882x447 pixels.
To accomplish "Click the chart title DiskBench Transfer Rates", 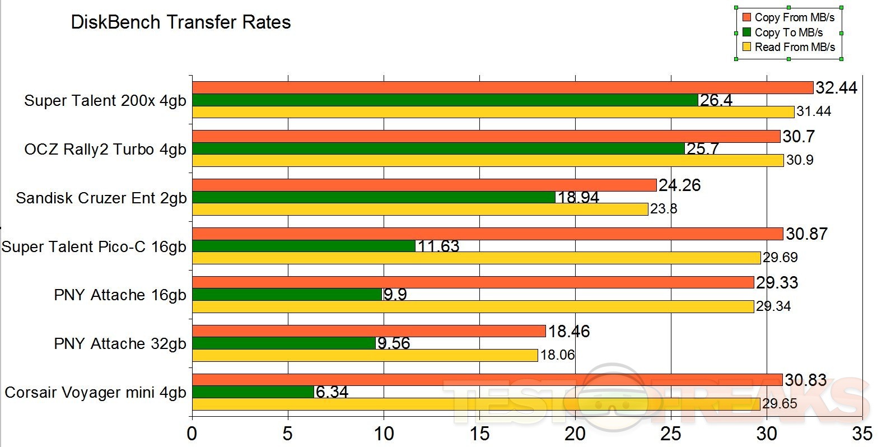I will coord(181,22).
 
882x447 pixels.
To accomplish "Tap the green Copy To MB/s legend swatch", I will coord(746,32).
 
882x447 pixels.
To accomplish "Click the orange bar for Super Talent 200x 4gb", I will coord(502,88).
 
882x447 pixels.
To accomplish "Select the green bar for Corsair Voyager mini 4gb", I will coord(253,392).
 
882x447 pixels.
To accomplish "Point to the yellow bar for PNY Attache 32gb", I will coord(365,355).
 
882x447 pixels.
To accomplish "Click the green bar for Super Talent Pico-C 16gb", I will coord(304,246).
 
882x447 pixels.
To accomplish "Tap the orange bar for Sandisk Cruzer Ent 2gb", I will coord(424,185).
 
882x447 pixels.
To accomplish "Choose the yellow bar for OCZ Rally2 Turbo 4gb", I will coord(487,161).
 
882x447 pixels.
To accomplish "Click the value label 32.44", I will coord(836,88).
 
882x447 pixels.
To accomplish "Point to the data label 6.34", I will coord(332,392).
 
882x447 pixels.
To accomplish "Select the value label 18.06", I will coord(557,355).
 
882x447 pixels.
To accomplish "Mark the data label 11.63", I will coord(438,246).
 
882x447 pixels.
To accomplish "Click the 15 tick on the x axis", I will coord(480,433).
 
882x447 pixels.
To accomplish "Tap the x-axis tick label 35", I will coord(862,433).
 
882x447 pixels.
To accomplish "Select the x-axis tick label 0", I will coord(193,433).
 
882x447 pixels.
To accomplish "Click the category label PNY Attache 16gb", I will coord(120,295).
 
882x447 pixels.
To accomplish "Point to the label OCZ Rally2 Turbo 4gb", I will coord(105,150).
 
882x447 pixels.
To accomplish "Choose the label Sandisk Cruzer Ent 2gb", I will coord(101,198).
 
